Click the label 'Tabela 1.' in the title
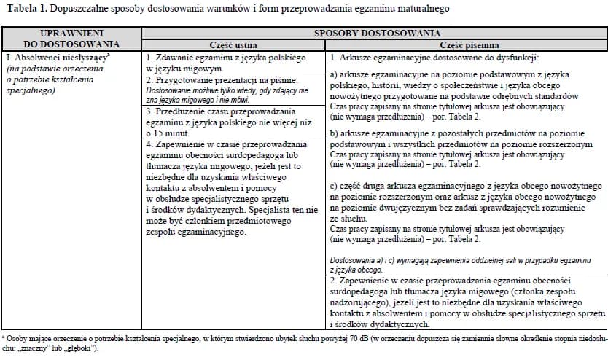[26, 9]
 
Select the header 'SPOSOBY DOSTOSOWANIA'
[376, 34]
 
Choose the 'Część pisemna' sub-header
[464, 44]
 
